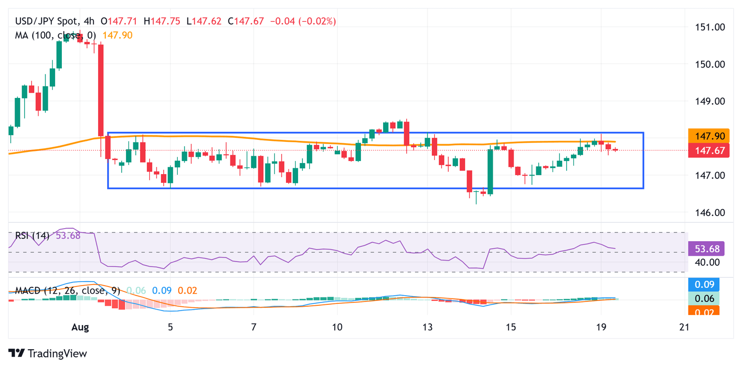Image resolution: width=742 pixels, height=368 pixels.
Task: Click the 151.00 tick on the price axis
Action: pos(710,27)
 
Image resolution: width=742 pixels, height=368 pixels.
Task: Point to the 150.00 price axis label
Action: pos(710,64)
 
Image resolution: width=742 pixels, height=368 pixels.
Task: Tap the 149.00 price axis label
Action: pos(710,101)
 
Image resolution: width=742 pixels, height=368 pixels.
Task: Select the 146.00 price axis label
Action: pos(710,213)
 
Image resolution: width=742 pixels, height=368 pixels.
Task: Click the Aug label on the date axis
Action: pos(80,327)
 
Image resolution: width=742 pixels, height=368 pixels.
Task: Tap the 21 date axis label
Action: pos(684,327)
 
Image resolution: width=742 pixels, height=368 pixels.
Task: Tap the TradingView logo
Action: pos(48,353)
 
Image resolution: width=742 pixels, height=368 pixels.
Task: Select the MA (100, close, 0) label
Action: pos(56,35)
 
